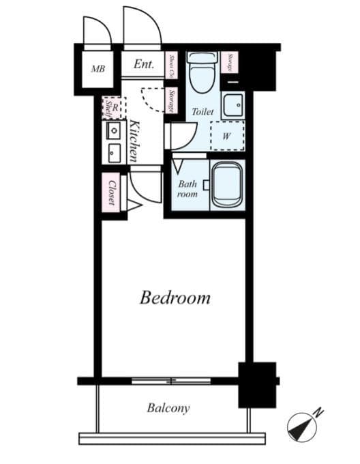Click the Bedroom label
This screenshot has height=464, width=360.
pyautogui.click(x=175, y=298)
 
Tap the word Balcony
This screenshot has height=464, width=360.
pyautogui.click(x=168, y=409)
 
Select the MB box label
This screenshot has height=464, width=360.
pyautogui.click(x=98, y=68)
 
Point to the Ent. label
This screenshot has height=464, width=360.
pyautogui.click(x=143, y=65)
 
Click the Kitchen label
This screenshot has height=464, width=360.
pyautogui.click(x=135, y=141)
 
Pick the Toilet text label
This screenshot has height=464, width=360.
pyautogui.click(x=202, y=111)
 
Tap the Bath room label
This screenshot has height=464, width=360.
pyautogui.click(x=187, y=188)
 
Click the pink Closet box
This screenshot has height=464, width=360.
pyautogui.click(x=110, y=192)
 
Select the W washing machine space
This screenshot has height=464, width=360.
pyautogui.click(x=226, y=135)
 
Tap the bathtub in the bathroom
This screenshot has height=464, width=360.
pyautogui.click(x=226, y=184)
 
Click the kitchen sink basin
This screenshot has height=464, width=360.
pyautogui.click(x=112, y=152)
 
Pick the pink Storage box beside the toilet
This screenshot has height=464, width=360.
pyautogui.click(x=232, y=61)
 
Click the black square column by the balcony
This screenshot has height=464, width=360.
pyautogui.click(x=256, y=384)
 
